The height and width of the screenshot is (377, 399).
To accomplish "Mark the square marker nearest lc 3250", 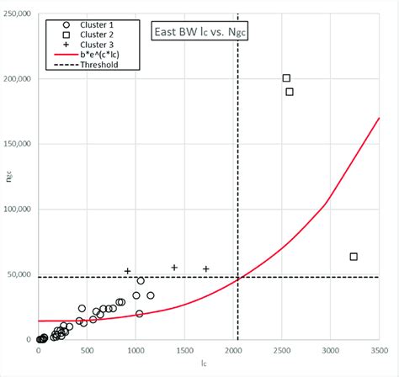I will pos(354,256).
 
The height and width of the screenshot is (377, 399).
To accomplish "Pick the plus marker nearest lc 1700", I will pos(206,268).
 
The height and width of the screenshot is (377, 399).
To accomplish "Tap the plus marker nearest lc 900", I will pos(128,271).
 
